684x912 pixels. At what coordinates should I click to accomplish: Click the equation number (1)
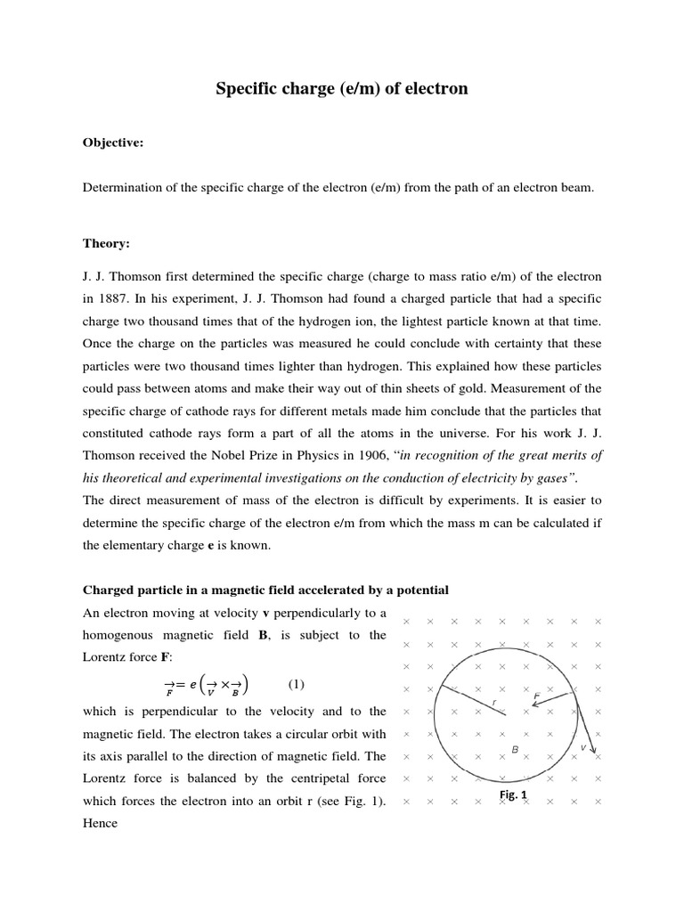297,684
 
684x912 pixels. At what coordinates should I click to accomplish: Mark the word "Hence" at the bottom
100,823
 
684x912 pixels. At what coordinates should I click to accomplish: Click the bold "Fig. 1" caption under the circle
513,794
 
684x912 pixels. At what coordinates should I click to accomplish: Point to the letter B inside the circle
515,750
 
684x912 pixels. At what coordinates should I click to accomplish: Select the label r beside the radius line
493,703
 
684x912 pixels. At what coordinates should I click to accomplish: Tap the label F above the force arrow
537,695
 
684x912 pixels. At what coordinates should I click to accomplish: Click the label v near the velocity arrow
583,746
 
